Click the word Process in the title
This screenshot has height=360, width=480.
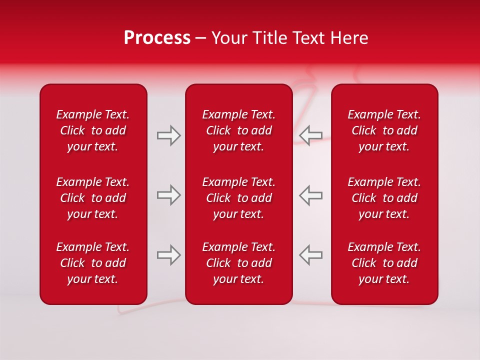[x=157, y=38]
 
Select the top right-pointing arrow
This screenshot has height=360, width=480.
[x=169, y=135]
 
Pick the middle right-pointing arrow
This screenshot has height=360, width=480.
[x=169, y=195]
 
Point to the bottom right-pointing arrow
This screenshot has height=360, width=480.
[x=169, y=255]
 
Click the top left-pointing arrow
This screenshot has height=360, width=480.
[x=310, y=135]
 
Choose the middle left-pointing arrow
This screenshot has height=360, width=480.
[x=310, y=195]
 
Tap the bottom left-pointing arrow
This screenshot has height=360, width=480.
[x=310, y=255]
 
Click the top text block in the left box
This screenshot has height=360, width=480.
[x=93, y=130]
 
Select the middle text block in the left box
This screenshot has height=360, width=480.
[x=93, y=198]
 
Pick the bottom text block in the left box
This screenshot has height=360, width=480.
[x=93, y=263]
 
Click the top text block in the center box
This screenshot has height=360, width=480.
[x=239, y=130]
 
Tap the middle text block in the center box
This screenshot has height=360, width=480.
[x=239, y=198]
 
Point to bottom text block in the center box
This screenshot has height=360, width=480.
[x=239, y=263]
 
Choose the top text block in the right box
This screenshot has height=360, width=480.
[x=384, y=130]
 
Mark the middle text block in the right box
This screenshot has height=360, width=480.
[x=384, y=198]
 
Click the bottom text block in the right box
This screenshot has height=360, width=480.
[x=384, y=263]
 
